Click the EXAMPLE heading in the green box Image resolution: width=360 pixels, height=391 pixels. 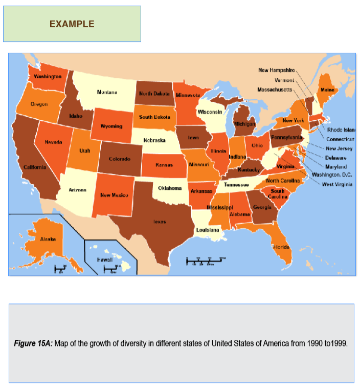click(72, 24)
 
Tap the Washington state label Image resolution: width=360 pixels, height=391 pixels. click(48, 76)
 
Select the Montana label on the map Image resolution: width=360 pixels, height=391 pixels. click(107, 92)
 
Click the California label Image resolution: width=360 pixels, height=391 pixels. click(35, 167)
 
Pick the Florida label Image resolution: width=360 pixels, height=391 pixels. click(281, 247)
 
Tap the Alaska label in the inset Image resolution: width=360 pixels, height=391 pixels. click(48, 238)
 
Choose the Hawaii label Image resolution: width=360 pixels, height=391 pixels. click(105, 260)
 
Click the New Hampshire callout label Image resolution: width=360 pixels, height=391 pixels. click(276, 70)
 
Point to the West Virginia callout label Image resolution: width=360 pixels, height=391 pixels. click(337, 184)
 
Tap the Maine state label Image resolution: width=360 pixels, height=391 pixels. click(327, 90)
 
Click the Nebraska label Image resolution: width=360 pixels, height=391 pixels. click(154, 140)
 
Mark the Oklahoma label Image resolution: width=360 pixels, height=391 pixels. click(170, 188)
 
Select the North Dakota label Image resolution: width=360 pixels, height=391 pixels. click(154, 94)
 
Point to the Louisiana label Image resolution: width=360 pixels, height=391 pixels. click(208, 230)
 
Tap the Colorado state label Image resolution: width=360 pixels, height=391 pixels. click(120, 159)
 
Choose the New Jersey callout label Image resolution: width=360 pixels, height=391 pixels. click(339, 148)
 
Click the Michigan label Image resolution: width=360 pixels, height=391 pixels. click(244, 124)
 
